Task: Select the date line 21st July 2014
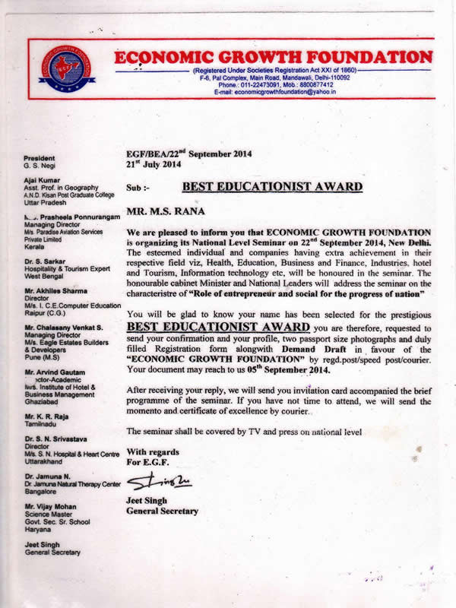[153, 163]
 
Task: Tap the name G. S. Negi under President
[40, 166]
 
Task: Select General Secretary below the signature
[162, 511]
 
